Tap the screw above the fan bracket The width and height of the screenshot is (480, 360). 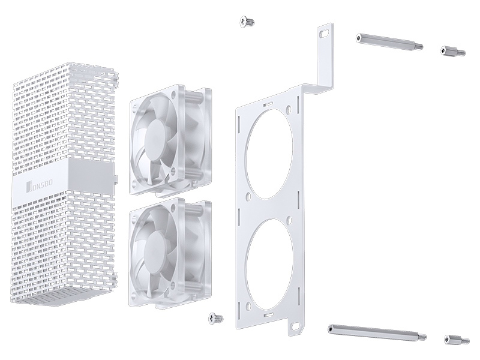coord(247,22)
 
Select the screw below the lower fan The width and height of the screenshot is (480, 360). coord(215,319)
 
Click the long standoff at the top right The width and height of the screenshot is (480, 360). coord(389,42)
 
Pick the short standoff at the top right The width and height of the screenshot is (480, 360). coord(453,51)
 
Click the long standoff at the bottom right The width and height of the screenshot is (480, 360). coord(377,332)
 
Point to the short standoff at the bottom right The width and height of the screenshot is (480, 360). coord(457,339)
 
